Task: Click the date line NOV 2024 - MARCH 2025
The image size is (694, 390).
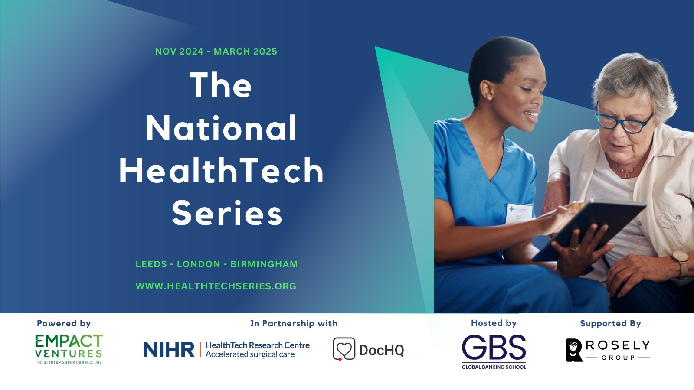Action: (216, 52)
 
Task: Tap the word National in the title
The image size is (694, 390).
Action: (221, 128)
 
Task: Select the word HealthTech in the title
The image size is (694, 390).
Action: (221, 171)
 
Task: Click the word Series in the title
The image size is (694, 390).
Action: (227, 213)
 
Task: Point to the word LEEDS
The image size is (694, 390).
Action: (151, 264)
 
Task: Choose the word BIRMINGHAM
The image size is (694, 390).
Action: (264, 264)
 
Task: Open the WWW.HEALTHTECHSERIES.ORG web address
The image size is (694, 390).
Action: (216, 286)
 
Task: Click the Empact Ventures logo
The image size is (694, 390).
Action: (69, 349)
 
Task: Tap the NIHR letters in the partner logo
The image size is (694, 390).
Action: (169, 349)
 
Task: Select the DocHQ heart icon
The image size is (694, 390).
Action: (344, 349)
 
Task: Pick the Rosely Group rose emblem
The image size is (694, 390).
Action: (574, 350)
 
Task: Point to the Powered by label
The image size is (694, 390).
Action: (64, 323)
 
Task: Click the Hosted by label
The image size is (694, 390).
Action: (494, 323)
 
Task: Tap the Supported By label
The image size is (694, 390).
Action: (610, 324)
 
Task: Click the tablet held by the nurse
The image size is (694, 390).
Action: (590, 231)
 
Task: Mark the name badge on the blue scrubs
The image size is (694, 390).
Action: (519, 213)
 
